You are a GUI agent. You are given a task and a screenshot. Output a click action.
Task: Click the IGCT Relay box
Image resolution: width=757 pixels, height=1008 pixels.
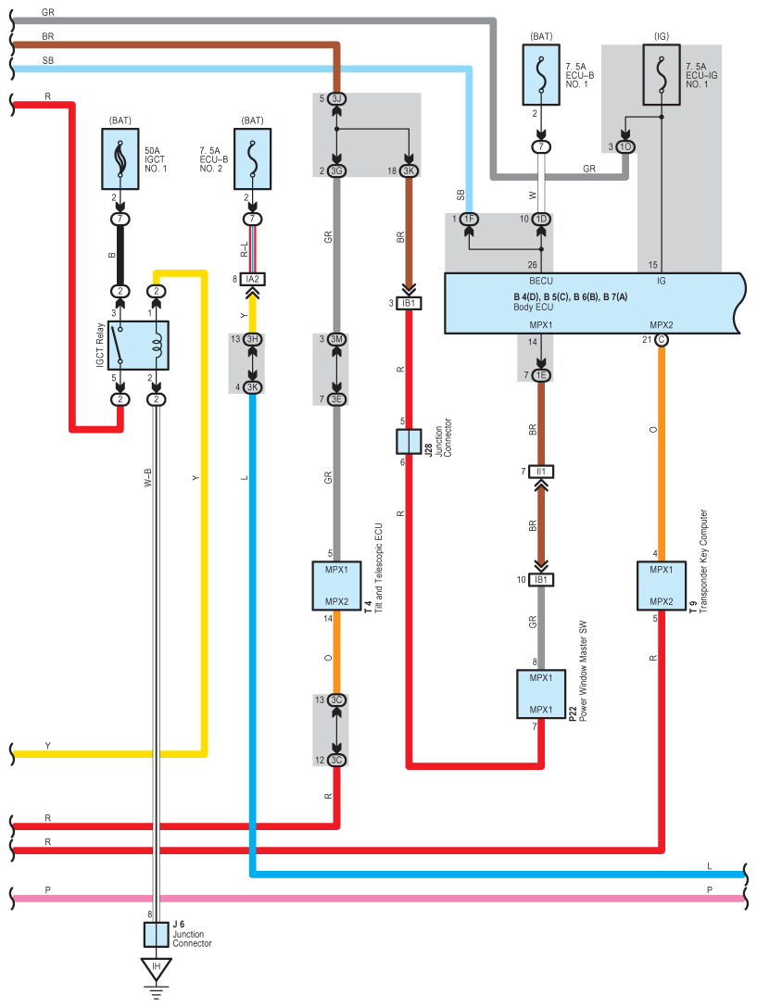tap(138, 346)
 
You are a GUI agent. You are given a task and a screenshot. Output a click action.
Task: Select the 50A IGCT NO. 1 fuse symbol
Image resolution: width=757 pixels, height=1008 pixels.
tap(120, 158)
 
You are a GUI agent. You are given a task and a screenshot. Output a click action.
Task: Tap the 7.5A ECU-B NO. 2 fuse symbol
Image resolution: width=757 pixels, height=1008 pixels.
tap(253, 158)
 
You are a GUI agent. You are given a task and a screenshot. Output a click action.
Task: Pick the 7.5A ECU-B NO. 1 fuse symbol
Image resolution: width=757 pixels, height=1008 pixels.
tap(541, 74)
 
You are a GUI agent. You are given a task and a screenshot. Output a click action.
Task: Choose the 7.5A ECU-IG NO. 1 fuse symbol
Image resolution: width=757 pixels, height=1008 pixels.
tap(662, 74)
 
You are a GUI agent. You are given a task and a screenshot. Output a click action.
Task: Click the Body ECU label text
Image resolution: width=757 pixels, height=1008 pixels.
tap(533, 308)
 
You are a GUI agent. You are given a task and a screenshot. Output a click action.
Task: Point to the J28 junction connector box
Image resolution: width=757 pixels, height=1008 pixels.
tap(409, 442)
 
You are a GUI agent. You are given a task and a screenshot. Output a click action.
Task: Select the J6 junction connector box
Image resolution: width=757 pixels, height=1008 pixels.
tap(156, 935)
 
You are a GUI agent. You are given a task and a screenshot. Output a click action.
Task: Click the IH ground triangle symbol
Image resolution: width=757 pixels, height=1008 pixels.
tap(157, 969)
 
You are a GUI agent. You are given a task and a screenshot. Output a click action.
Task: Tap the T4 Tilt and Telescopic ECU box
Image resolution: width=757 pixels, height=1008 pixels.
tap(336, 586)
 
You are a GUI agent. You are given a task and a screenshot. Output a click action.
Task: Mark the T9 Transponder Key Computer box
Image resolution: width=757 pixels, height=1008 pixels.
tap(662, 586)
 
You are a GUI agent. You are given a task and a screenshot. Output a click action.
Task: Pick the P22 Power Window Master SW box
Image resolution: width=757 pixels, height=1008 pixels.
tap(541, 694)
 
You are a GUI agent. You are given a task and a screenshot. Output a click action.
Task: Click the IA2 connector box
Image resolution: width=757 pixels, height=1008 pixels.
tap(253, 279)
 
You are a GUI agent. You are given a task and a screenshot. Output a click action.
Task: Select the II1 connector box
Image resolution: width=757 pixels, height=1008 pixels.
tap(541, 472)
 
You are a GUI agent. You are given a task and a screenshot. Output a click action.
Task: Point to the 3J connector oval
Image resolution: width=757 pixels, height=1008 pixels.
tap(336, 98)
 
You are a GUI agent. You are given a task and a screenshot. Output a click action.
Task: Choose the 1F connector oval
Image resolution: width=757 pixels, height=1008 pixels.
tap(469, 220)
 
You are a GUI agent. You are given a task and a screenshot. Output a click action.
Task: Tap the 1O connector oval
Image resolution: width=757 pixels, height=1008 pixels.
tap(625, 146)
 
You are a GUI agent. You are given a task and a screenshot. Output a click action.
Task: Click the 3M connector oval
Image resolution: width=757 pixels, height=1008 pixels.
tap(336, 339)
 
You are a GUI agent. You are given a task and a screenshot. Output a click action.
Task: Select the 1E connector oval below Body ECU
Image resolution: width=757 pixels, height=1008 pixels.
tap(541, 375)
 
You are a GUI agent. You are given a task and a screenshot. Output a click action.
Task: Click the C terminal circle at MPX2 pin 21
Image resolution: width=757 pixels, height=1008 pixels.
tap(662, 339)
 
